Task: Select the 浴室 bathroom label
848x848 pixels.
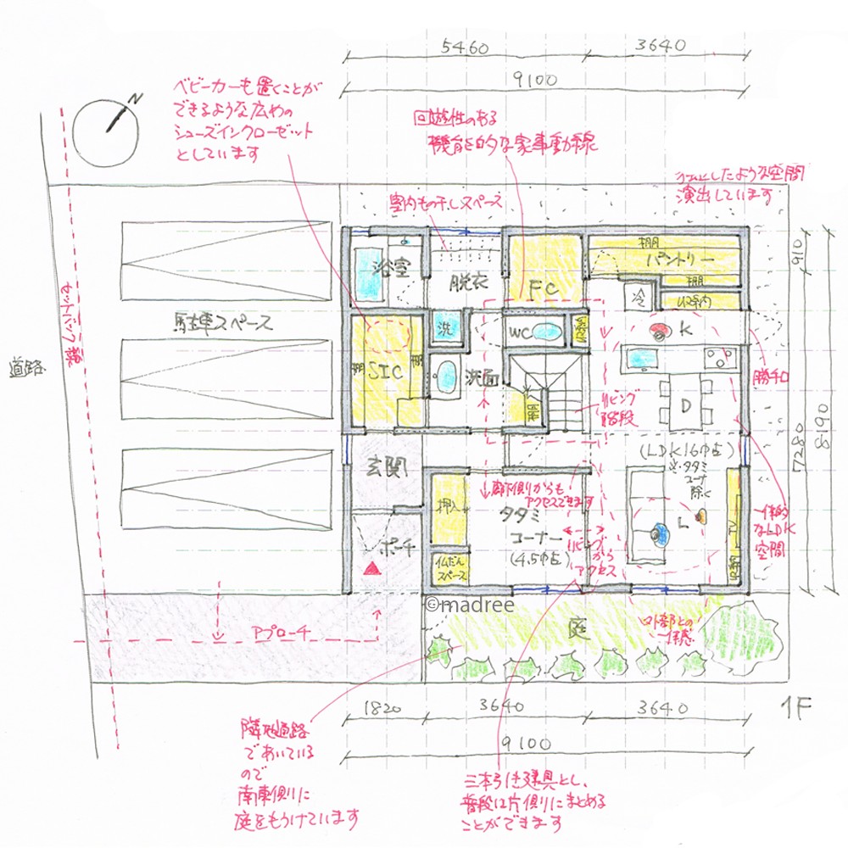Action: pyautogui.click(x=391, y=269)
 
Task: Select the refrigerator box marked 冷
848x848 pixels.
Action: pyautogui.click(x=637, y=296)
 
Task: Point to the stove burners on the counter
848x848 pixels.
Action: pyautogui.click(x=717, y=359)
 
